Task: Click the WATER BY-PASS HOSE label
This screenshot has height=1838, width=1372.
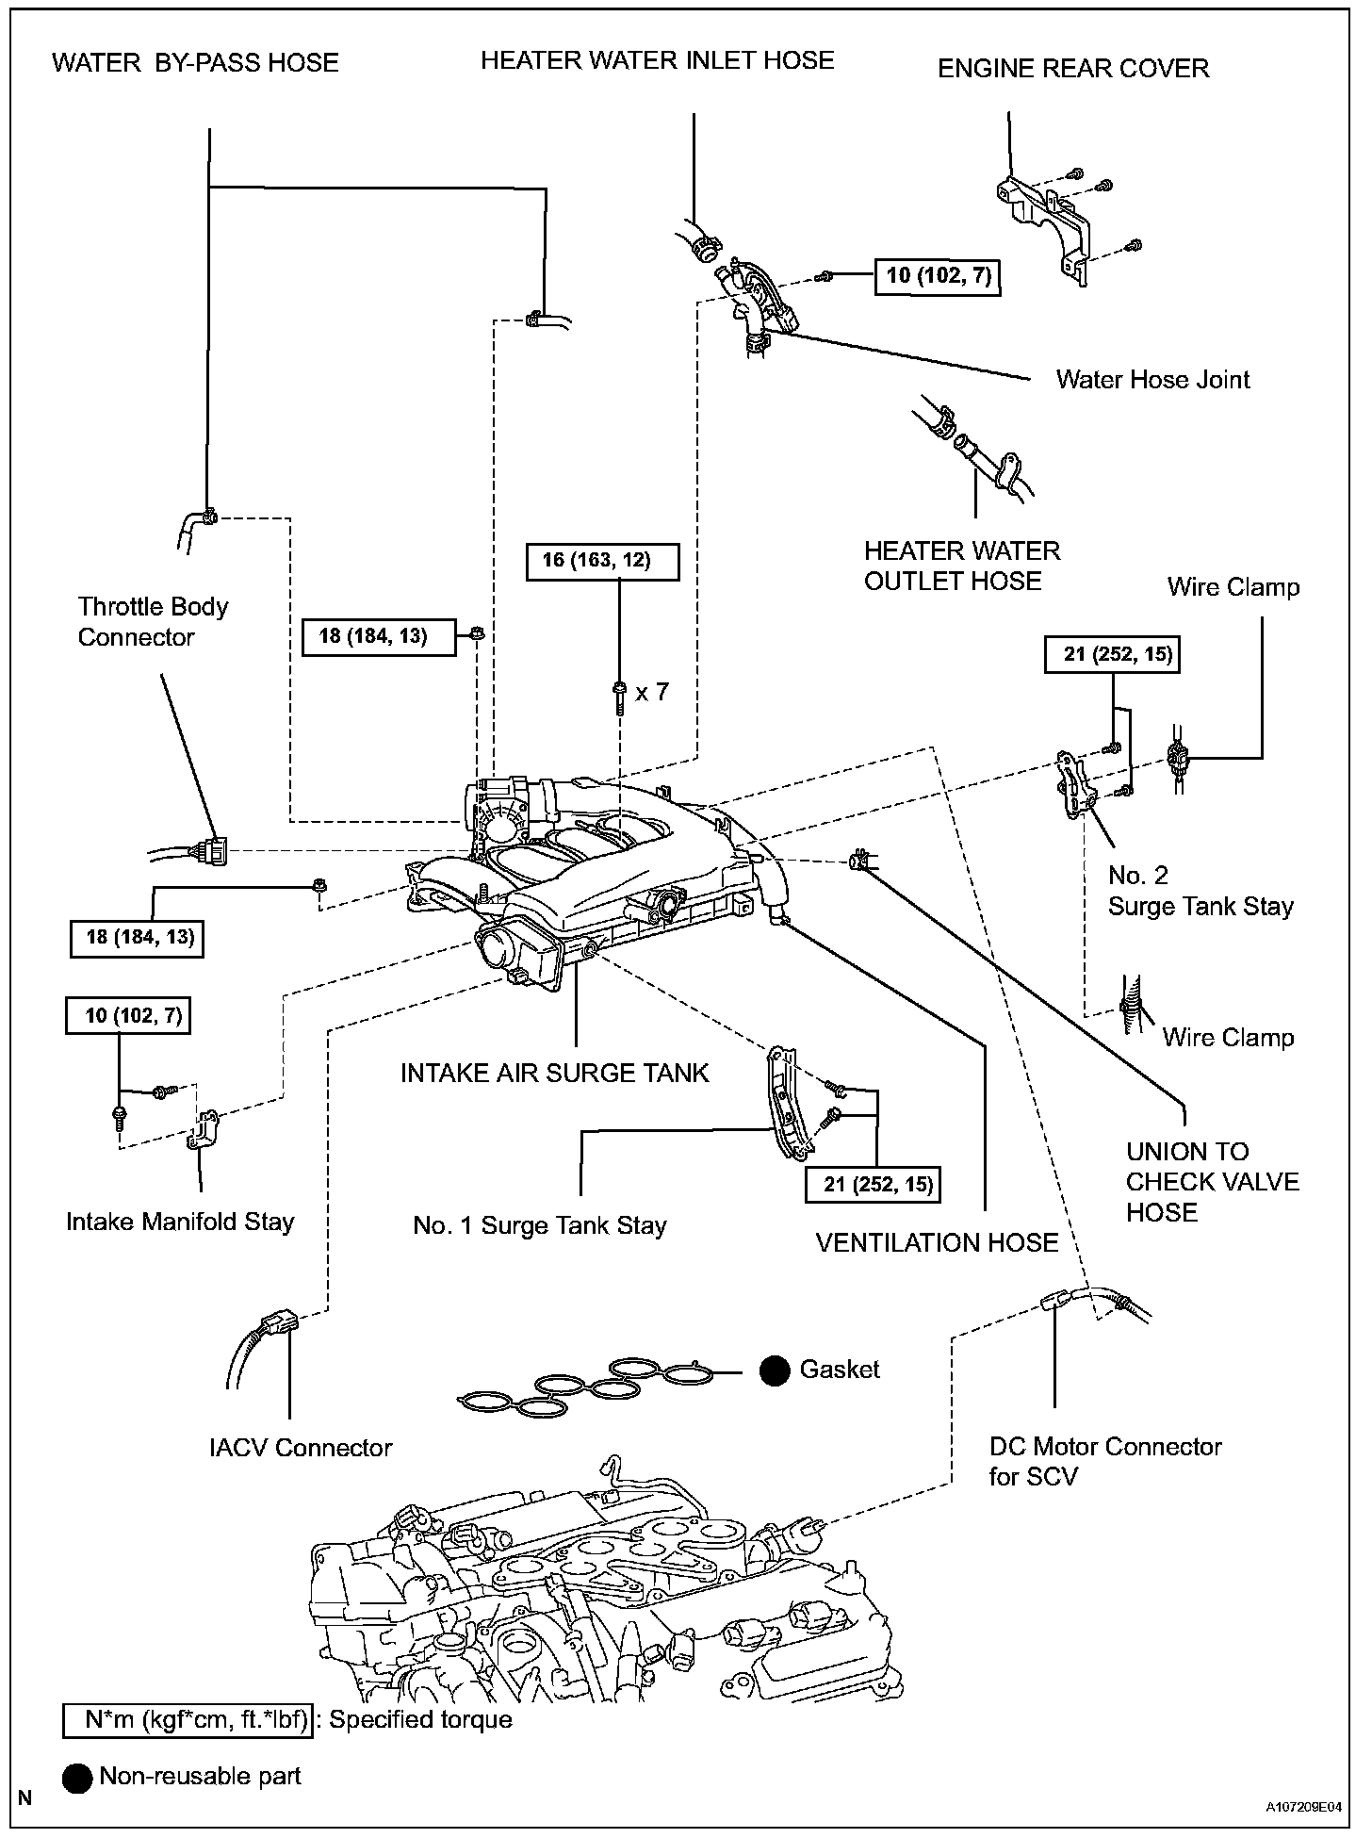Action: pos(195,63)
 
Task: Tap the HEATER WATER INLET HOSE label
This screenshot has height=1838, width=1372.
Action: pos(657,61)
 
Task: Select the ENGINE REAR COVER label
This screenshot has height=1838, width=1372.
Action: pos(1073,69)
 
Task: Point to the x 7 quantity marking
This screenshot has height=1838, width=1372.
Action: pos(652,692)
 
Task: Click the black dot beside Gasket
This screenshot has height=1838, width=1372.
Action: pos(775,1371)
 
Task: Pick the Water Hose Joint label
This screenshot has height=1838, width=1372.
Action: pos(1152,380)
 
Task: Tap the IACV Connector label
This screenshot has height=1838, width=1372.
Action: pos(301,1448)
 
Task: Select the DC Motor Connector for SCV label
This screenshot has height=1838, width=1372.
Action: pos(1104,1461)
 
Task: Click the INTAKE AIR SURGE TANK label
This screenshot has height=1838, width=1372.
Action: pos(554,1073)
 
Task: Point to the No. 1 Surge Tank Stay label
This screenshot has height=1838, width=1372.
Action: pos(540,1225)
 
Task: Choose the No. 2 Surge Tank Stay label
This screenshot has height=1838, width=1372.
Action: pos(1200,891)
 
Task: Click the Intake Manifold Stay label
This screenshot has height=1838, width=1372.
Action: pos(180,1222)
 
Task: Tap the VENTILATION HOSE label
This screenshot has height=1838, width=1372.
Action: pos(937,1242)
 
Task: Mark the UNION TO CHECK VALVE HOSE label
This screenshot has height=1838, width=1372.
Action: pos(1212,1182)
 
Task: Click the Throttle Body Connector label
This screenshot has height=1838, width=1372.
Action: pos(153,622)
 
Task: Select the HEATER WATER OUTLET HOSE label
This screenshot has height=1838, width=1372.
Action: pos(961,566)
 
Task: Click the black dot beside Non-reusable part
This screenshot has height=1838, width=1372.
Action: pos(77,1778)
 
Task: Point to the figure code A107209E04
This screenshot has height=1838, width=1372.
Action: pos(1306,1809)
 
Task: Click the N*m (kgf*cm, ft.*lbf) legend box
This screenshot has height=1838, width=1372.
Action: pos(187,1720)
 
